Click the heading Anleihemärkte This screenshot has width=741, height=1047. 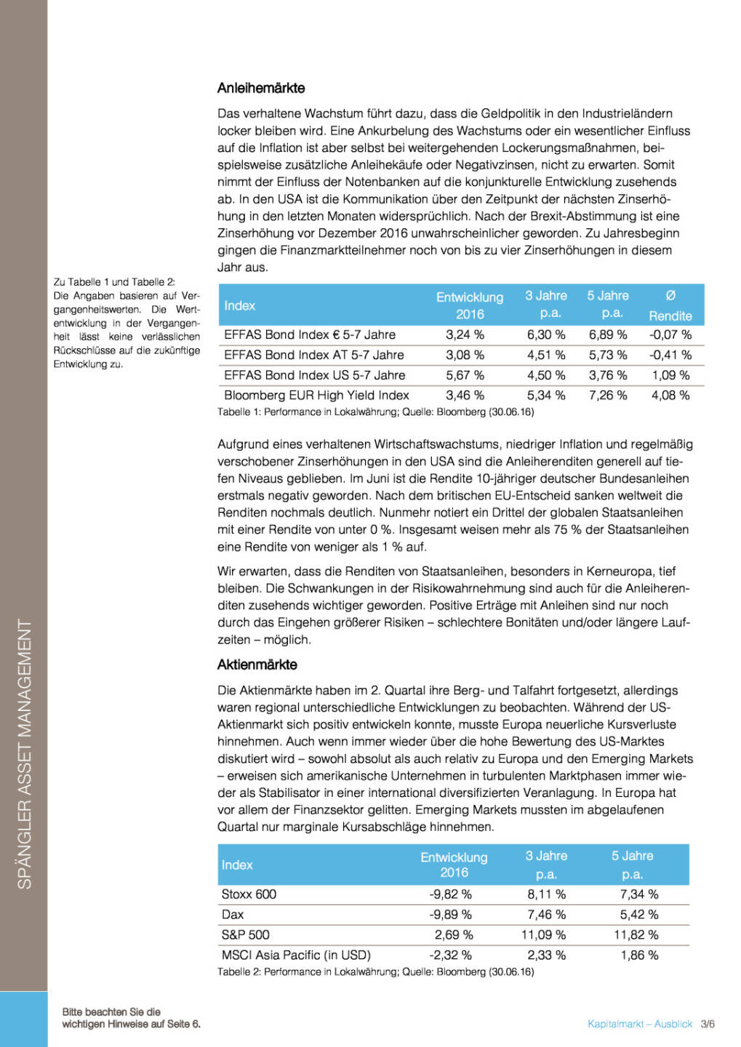point(261,88)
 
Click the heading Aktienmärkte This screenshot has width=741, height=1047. point(257,665)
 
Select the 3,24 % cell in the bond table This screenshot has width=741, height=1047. point(465,334)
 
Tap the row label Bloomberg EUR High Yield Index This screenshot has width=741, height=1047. point(316,396)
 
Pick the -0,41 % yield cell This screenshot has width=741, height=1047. point(670,355)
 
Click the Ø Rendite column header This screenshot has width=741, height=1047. point(670,305)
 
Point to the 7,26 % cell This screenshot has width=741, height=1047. point(608,396)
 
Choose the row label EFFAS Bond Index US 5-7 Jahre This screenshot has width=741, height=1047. point(314,375)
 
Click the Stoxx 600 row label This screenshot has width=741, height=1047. point(249,894)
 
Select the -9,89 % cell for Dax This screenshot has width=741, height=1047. point(450,915)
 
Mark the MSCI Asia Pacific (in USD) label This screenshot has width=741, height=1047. point(296,955)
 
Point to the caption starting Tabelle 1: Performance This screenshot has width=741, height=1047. point(375,412)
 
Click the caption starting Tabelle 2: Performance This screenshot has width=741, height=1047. point(375,972)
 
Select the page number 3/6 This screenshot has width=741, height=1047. point(708,1024)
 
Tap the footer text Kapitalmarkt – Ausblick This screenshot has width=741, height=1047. point(640,1024)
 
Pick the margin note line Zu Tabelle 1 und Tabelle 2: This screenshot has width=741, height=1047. point(114,282)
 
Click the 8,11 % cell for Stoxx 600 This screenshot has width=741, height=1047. point(546,894)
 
